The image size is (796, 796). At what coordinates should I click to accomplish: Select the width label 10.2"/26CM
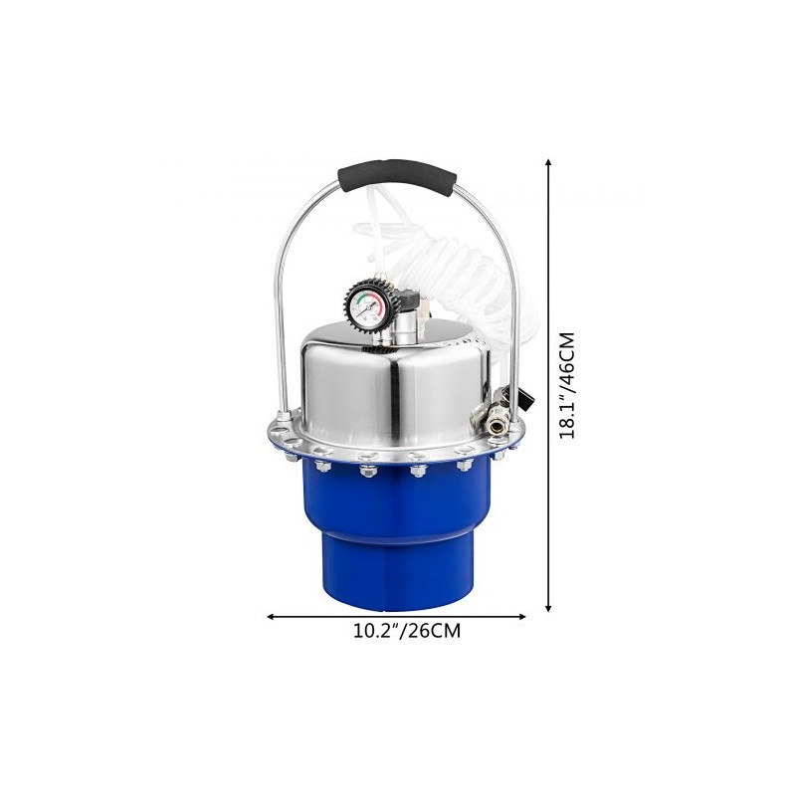pyautogui.click(x=407, y=631)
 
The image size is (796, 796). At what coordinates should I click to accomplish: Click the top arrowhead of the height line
pyautogui.click(x=548, y=162)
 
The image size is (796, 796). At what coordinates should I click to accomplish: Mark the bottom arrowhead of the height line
pyautogui.click(x=548, y=607)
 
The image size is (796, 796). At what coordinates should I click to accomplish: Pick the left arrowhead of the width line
pyautogui.click(x=271, y=617)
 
